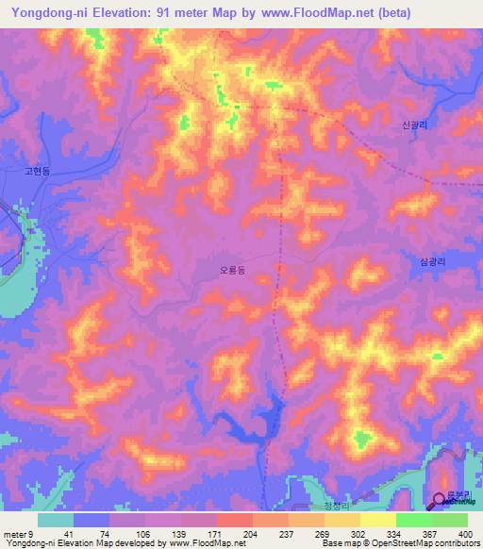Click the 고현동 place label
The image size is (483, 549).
(x=41, y=173)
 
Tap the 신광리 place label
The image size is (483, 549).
(x=415, y=125)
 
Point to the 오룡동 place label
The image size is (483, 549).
(x=231, y=270)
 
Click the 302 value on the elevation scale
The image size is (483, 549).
(x=341, y=533)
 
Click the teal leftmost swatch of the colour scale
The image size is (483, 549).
(x=56, y=520)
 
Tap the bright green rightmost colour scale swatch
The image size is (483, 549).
(x=450, y=520)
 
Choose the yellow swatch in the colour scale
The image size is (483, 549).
(x=378, y=520)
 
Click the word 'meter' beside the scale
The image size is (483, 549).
(x=14, y=533)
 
